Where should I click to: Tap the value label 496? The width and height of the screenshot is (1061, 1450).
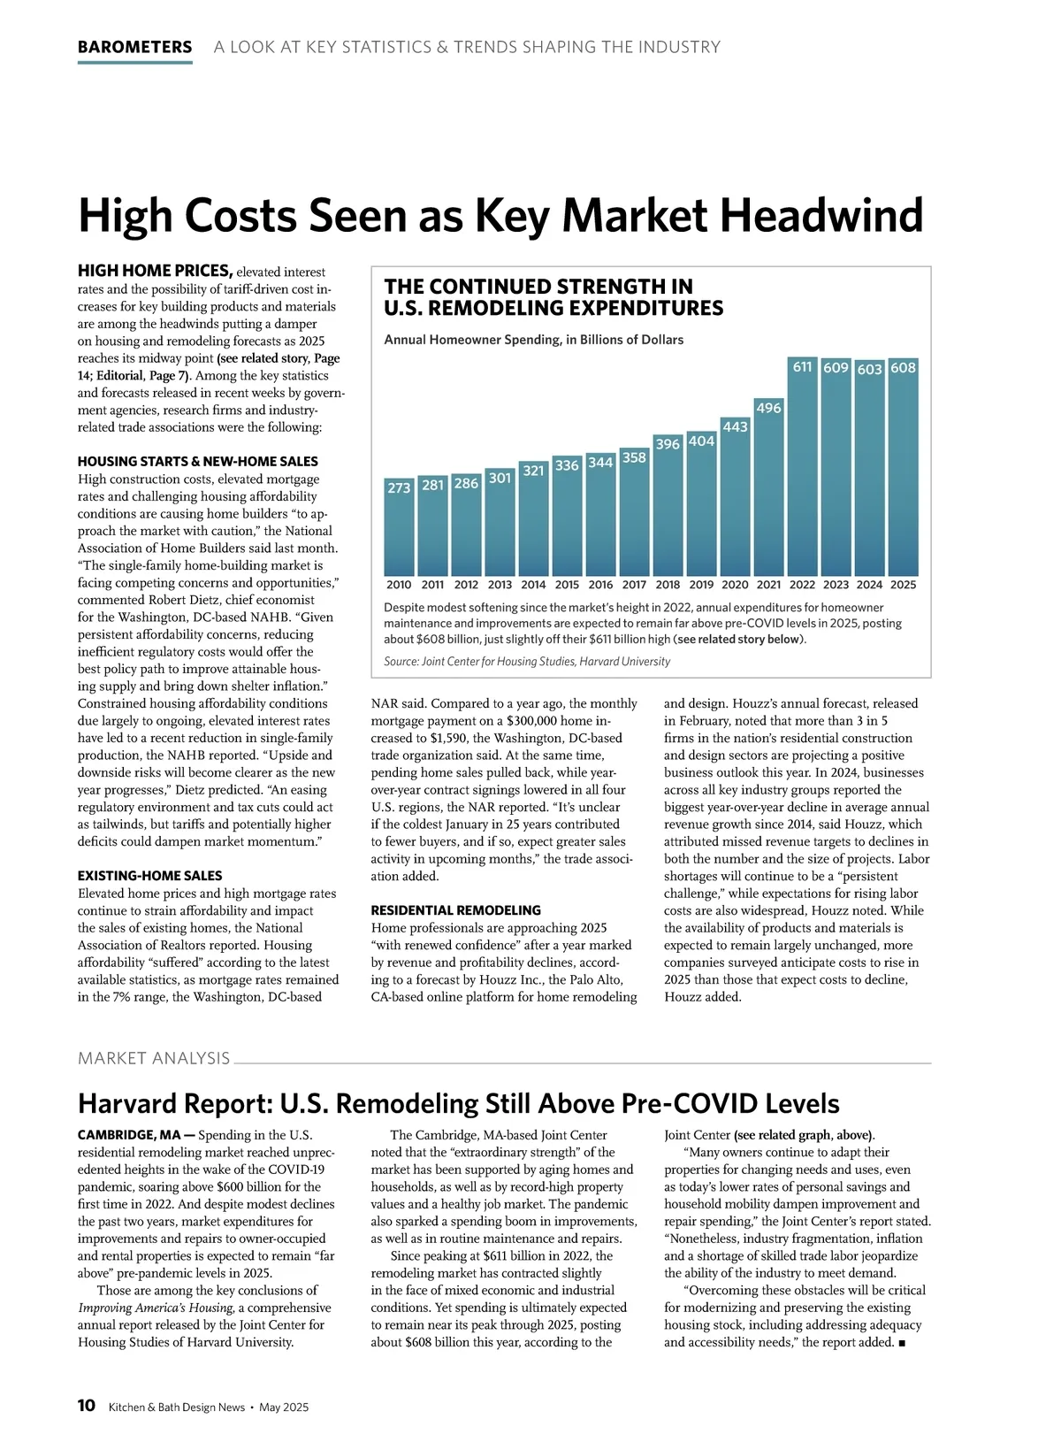click(768, 408)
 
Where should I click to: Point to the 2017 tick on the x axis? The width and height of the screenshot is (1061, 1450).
click(634, 585)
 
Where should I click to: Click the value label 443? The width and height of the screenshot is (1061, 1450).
click(735, 426)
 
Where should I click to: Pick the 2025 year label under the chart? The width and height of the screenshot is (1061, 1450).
click(903, 585)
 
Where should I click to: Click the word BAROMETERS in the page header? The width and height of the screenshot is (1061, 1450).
click(134, 47)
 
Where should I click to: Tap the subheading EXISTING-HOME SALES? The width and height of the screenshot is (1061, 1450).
click(149, 876)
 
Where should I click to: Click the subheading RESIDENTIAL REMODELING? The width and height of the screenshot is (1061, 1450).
click(455, 910)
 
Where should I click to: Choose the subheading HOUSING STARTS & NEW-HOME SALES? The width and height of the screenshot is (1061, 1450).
click(197, 462)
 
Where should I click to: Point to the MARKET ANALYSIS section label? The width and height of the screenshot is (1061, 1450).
click(154, 1058)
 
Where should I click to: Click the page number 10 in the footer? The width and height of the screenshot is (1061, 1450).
click(87, 1407)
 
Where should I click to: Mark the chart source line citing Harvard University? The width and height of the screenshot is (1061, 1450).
click(527, 662)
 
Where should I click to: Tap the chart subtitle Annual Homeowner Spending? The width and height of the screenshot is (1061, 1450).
click(533, 340)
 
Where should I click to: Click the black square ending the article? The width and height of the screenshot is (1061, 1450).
click(902, 1343)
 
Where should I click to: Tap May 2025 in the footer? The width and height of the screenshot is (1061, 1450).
click(284, 1408)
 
